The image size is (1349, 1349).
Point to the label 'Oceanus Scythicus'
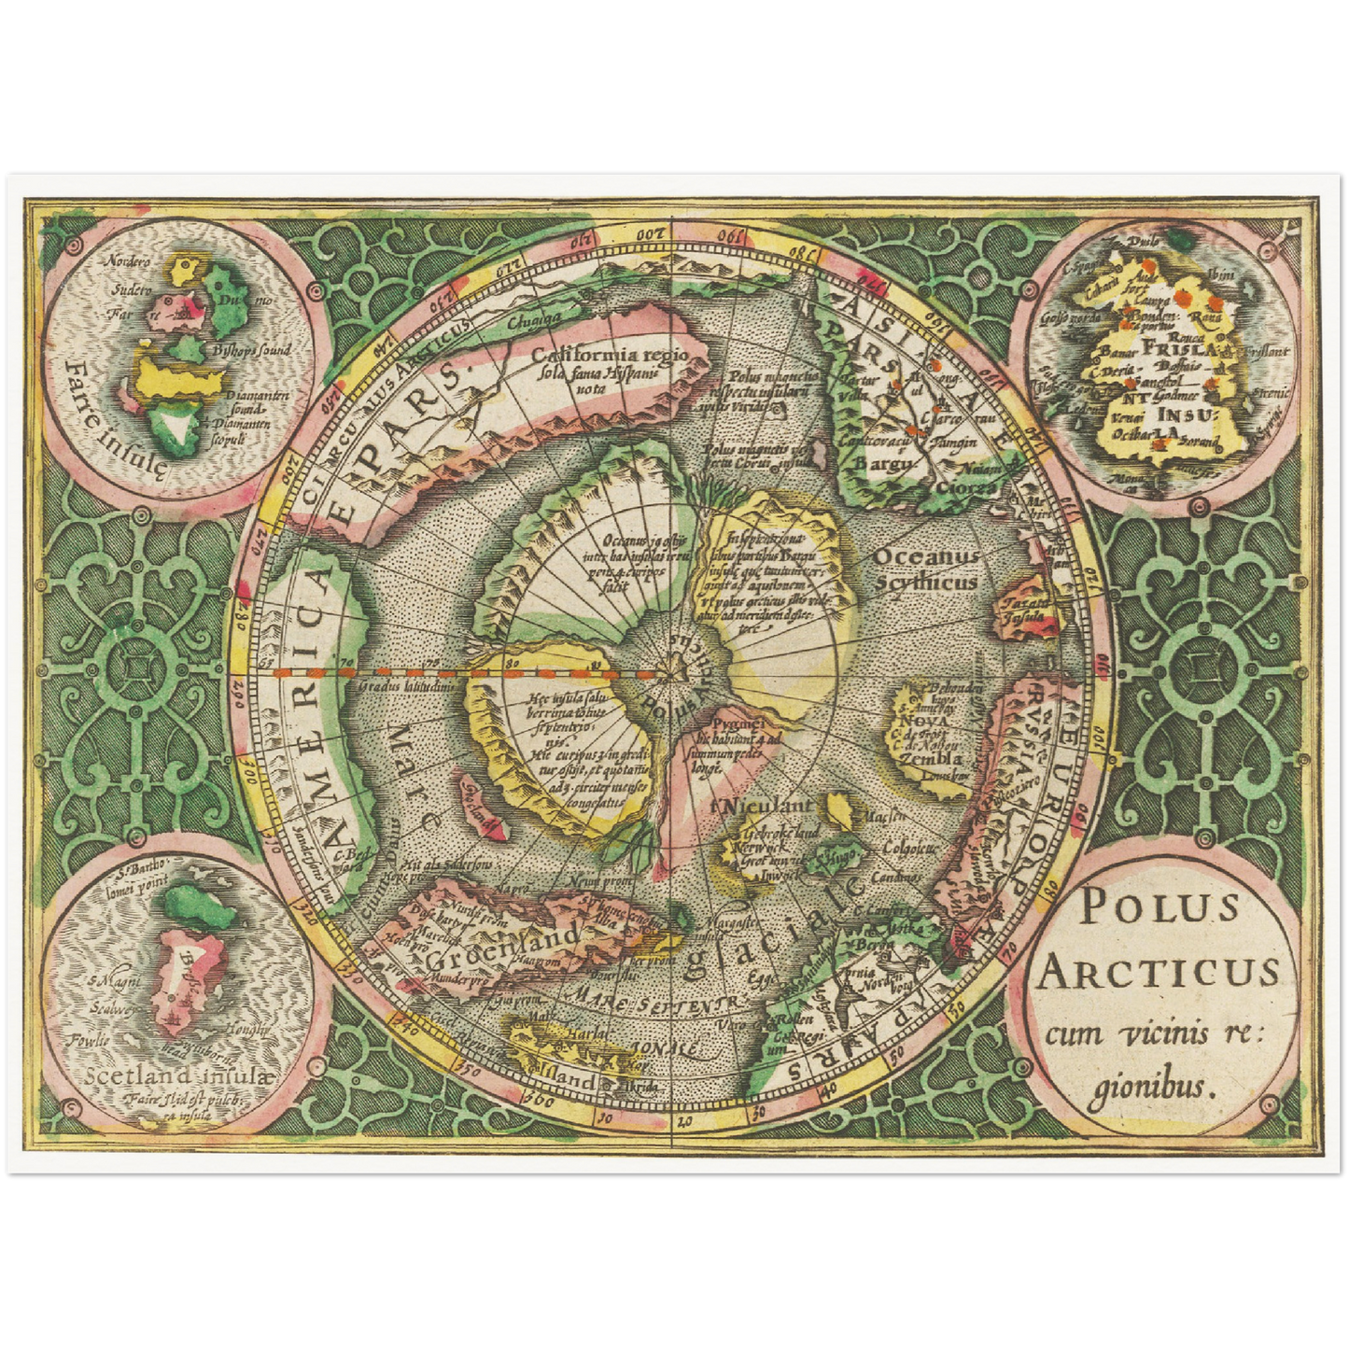(x=926, y=569)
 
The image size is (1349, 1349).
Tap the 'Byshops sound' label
(x=251, y=351)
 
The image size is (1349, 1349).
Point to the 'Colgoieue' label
(x=908, y=848)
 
